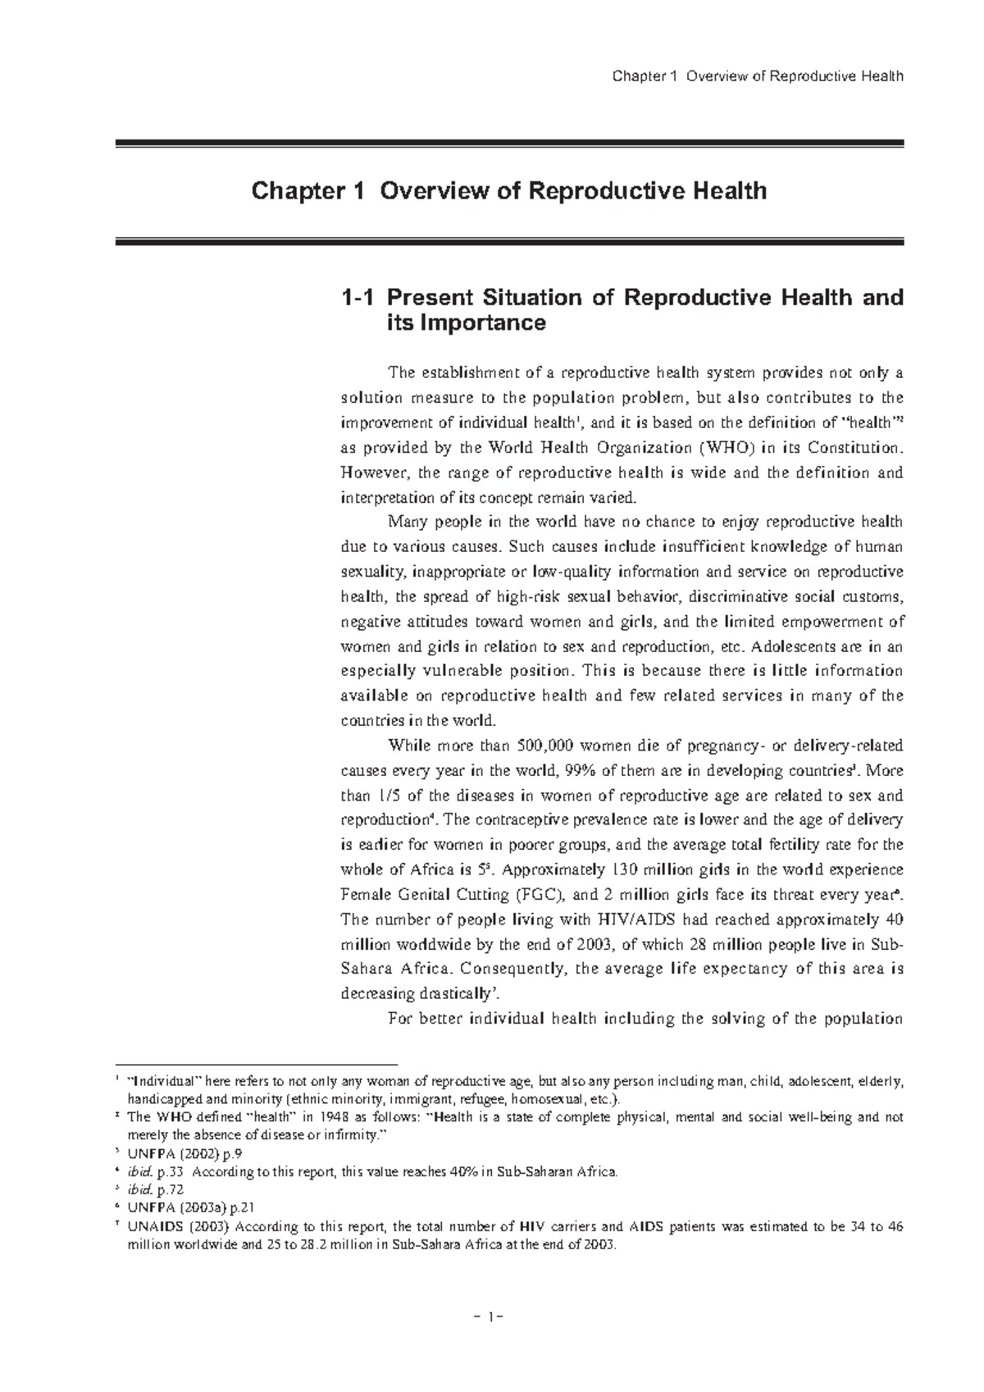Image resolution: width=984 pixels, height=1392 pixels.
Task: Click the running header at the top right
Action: (x=758, y=77)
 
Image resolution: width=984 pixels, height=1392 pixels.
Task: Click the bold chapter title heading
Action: (x=508, y=192)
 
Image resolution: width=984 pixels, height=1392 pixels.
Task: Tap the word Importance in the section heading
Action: (x=466, y=324)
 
